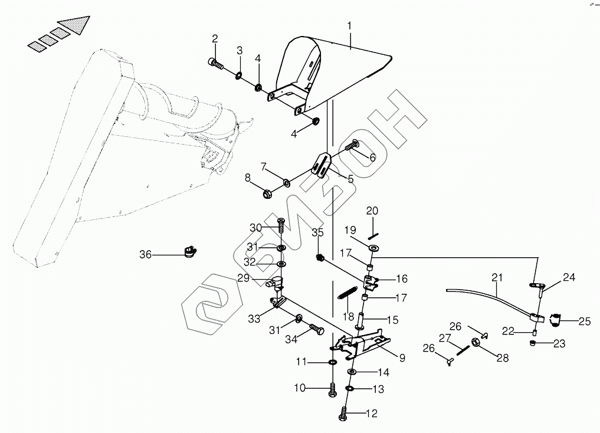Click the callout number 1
[x=349, y=27]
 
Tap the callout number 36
[x=145, y=255]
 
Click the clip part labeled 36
[x=191, y=252]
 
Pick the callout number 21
[x=496, y=276]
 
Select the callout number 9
[x=402, y=357]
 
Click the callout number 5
[x=350, y=179]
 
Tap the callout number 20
[x=372, y=211]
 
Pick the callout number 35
[x=317, y=232]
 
